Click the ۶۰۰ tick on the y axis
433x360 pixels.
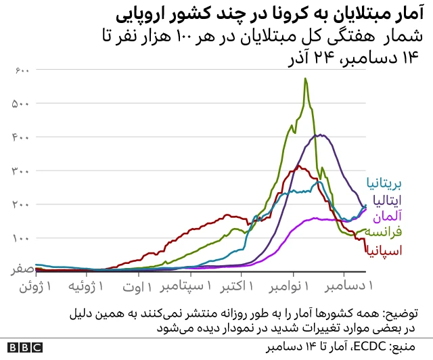20,70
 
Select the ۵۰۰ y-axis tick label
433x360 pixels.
20,104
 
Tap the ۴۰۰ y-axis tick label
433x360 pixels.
20,137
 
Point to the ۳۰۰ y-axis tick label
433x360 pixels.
20,171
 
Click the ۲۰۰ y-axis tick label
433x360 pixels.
20,204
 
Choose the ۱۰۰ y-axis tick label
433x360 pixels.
20,238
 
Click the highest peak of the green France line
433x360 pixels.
306,78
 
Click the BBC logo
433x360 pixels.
24,348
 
